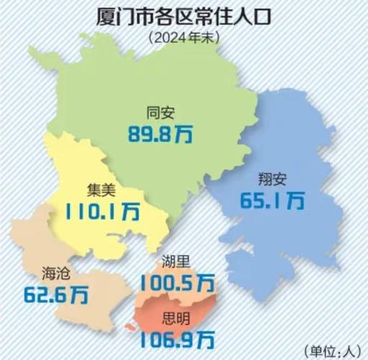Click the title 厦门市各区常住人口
(x=184, y=16)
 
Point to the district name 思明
(x=177, y=315)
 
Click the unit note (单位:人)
(x=333, y=350)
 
